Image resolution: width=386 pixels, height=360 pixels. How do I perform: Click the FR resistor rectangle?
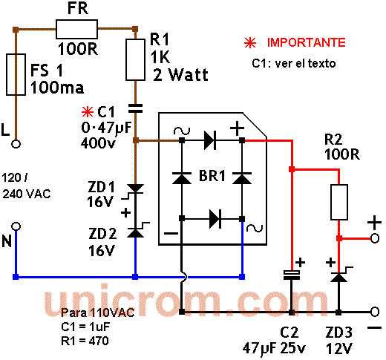(x=76, y=30)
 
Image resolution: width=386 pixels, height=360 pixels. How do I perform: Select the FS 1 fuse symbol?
(x=16, y=74)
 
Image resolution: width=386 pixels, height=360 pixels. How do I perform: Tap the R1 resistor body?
(x=135, y=59)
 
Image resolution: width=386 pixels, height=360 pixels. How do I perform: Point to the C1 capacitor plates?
(x=135, y=108)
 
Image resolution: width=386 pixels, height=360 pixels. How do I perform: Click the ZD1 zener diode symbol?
(x=135, y=189)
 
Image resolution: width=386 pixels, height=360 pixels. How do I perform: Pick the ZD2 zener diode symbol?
(x=136, y=232)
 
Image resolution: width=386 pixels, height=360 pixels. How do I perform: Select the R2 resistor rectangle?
(x=339, y=202)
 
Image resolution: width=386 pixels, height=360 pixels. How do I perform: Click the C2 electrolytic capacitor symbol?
(x=292, y=275)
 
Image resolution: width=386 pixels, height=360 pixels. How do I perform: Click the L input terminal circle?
(x=16, y=144)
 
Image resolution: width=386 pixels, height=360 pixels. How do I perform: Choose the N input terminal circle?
(x=16, y=226)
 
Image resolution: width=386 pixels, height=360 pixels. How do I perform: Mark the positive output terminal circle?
(x=375, y=238)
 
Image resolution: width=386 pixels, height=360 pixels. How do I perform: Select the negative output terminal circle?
(x=375, y=312)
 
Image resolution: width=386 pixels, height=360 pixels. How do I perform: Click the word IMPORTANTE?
(x=307, y=42)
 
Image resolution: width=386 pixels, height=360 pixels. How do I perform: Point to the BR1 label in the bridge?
(x=212, y=176)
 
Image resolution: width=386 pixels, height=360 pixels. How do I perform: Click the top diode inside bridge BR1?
(x=210, y=140)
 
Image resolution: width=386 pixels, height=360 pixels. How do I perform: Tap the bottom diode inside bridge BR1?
(x=215, y=219)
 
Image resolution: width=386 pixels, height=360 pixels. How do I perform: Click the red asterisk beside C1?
(x=88, y=112)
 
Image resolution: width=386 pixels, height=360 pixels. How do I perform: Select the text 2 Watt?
(x=180, y=74)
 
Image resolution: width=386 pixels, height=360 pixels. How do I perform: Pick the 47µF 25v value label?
(x=274, y=348)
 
